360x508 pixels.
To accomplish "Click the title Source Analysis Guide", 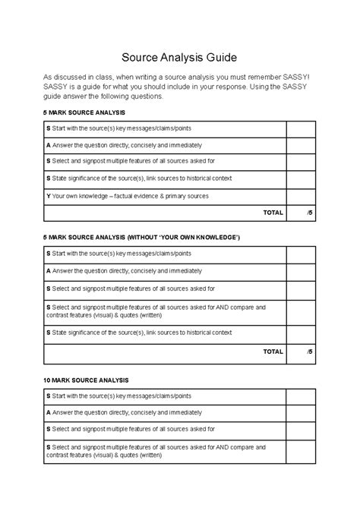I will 180,57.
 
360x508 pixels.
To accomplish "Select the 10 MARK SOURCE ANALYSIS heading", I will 86,379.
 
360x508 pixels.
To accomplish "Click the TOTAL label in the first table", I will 273,213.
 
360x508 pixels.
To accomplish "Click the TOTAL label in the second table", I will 273,352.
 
